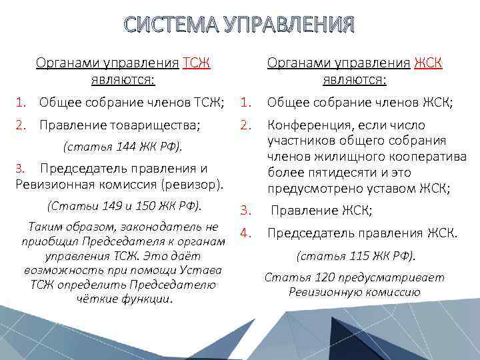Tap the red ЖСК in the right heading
tap(429, 63)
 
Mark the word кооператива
tap(425, 157)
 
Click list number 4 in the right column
tap(245, 233)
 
